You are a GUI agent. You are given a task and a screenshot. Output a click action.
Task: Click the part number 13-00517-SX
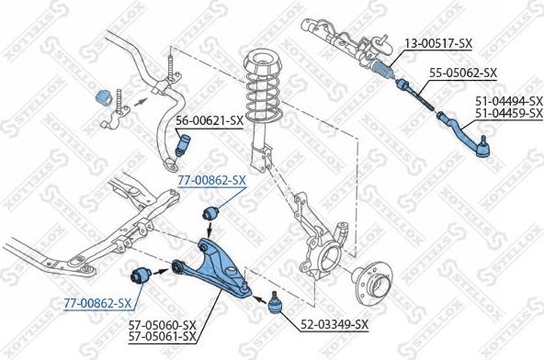click(437, 41)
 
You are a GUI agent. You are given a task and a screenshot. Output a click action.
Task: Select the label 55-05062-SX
click(463, 73)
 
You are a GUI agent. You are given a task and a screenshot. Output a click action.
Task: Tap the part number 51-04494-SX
click(508, 102)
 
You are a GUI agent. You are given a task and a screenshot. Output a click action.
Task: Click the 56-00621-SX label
click(209, 120)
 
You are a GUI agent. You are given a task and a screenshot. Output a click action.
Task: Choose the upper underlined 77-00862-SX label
click(211, 180)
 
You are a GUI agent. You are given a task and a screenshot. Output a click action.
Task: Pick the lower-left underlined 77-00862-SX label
click(96, 301)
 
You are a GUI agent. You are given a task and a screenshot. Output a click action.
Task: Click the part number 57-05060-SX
click(163, 325)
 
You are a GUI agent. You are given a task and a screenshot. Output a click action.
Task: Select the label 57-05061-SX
click(163, 336)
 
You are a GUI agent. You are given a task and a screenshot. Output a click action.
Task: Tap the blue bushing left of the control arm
click(142, 274)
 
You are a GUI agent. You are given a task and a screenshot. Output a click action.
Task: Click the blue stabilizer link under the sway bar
click(182, 143)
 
